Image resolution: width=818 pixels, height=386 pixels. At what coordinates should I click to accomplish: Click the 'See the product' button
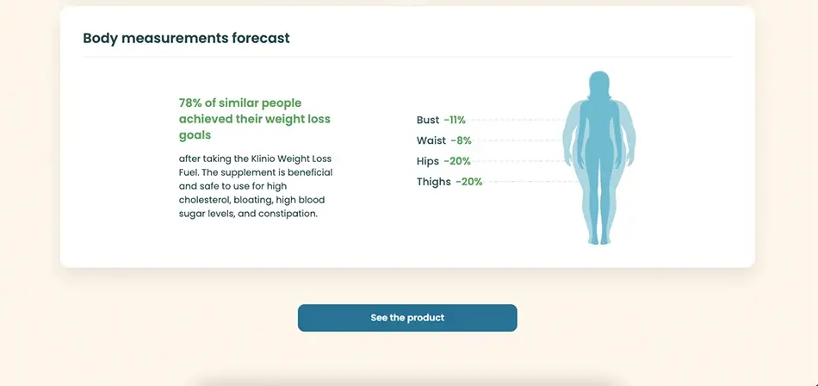click(x=407, y=318)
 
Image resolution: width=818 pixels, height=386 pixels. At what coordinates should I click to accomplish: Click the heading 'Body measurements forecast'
click(x=186, y=38)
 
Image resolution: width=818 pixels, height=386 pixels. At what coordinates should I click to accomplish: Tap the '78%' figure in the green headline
click(x=190, y=103)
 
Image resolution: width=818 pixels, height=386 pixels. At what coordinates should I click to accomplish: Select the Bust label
click(x=428, y=120)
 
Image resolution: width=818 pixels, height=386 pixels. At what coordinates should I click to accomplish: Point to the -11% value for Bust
click(x=455, y=120)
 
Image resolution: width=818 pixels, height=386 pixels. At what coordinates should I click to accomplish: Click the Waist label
click(x=431, y=140)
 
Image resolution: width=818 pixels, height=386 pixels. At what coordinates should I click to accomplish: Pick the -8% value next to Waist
click(x=462, y=140)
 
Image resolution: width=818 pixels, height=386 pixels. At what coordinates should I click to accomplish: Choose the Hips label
click(x=428, y=161)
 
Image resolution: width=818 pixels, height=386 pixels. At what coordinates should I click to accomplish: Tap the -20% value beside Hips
click(x=457, y=161)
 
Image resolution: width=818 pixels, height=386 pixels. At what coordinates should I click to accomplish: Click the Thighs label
click(x=434, y=182)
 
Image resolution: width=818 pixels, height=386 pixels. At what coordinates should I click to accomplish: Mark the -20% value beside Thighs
click(x=469, y=182)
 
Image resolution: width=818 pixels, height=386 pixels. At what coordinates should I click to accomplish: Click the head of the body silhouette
click(x=599, y=84)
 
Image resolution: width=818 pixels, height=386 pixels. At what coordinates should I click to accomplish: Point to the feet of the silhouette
click(x=599, y=240)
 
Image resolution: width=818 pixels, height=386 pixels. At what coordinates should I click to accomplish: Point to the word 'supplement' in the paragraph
click(x=242, y=172)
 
